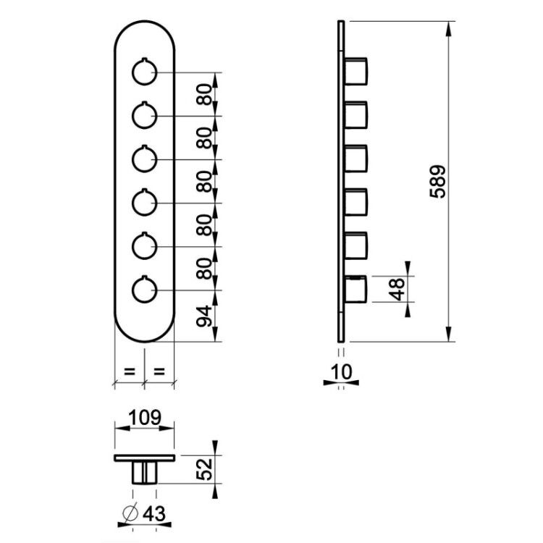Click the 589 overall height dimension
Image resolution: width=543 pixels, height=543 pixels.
tap(437, 182)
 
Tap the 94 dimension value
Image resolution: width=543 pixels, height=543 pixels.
tap(204, 316)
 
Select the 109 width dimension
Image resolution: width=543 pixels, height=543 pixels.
tap(145, 418)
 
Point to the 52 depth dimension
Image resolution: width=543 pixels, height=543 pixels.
tap(204, 469)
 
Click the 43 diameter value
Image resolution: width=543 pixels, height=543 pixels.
tap(154, 513)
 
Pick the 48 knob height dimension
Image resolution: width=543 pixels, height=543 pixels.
tap(397, 289)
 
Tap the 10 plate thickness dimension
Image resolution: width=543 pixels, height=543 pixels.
tap(342, 372)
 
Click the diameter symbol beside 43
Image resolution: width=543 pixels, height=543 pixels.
tap(130, 513)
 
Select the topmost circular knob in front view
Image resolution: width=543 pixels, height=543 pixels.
tap(144, 72)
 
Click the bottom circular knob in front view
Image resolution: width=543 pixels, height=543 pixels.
tap(144, 289)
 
